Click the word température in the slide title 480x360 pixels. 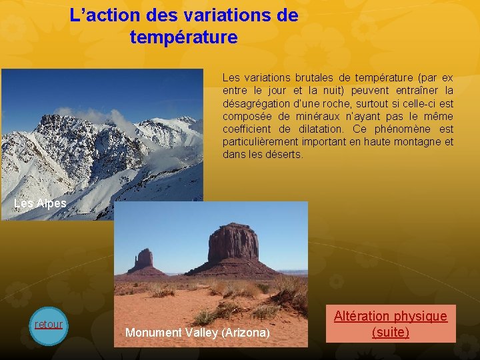(184, 37)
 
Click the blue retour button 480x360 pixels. (49, 325)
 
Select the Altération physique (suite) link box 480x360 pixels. (391, 323)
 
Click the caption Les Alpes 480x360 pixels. (40, 203)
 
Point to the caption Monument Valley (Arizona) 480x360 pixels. (197, 332)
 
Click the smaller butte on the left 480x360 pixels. (144, 259)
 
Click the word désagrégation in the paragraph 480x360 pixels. (256, 103)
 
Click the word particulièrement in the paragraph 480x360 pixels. (261, 141)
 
